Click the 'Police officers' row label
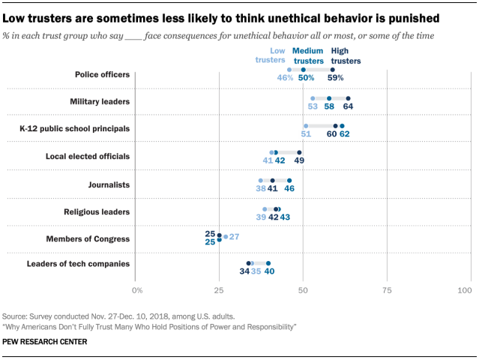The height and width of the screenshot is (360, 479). tap(102, 74)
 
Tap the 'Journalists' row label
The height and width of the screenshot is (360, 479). tap(109, 184)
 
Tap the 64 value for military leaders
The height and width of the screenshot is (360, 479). tap(349, 106)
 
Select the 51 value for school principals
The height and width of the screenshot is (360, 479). tap(306, 133)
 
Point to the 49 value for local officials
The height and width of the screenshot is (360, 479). tap(299, 160)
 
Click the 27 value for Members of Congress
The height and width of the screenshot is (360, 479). tap(234, 236)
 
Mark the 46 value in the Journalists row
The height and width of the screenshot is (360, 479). tap(289, 188)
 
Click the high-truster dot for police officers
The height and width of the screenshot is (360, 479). tap(332, 69)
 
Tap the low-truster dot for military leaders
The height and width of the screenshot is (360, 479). tap(313, 97)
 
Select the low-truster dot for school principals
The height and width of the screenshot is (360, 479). tap(306, 125)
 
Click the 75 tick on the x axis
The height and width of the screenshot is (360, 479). tap(386, 289)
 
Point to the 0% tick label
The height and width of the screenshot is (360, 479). tap(137, 289)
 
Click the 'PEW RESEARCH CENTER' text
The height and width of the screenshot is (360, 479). tap(45, 342)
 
